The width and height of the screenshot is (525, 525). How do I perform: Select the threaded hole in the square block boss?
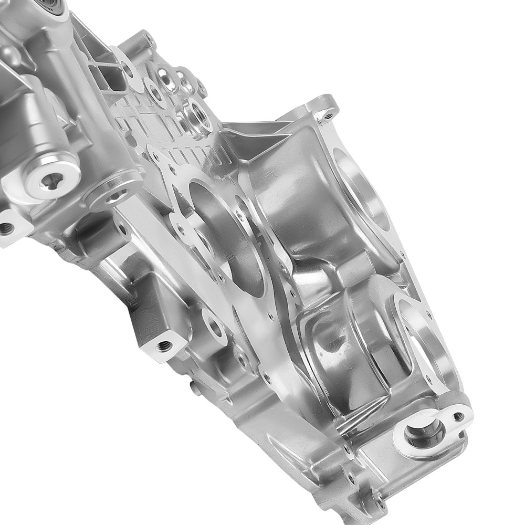pos(164,345)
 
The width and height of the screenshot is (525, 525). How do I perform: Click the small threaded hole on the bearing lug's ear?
pos(459,416)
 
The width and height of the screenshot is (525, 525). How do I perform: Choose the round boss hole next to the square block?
pos(215,325)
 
